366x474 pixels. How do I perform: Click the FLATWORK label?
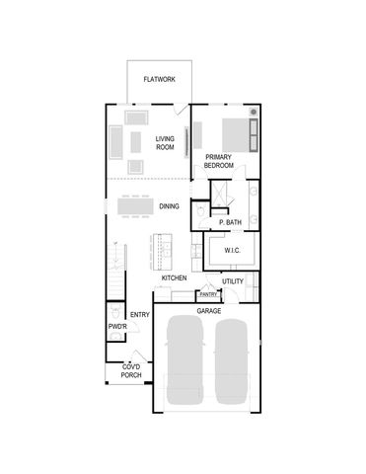[159, 79]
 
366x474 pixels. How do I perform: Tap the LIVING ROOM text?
[165, 143]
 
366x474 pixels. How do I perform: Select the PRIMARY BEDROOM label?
[219, 161]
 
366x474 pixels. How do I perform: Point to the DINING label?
[169, 206]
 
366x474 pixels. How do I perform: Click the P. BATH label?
[230, 223]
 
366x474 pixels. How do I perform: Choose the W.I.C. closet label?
[233, 251]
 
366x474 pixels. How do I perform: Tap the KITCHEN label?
[175, 278]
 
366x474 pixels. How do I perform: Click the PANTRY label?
[208, 294]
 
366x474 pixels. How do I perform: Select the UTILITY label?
[233, 281]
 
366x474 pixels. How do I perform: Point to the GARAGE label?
[208, 310]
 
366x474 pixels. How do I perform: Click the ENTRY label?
[139, 316]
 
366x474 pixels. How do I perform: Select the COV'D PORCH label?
[130, 372]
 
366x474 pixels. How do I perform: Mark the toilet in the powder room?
[115, 339]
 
